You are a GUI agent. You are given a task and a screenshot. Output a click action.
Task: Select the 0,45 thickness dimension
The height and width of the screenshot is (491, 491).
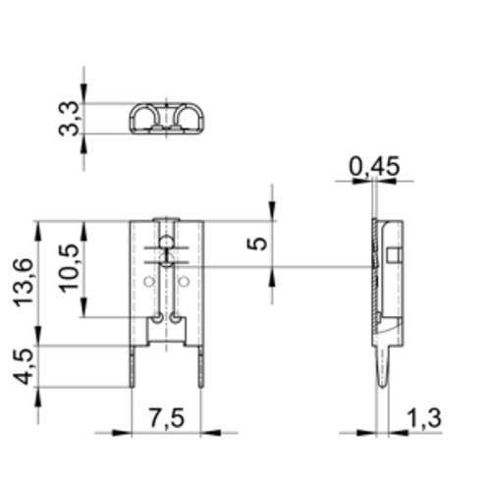tap(374, 168)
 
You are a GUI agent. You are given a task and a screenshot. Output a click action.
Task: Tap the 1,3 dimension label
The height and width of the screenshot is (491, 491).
tap(421, 417)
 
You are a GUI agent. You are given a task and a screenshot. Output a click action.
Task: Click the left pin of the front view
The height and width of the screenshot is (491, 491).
tap(133, 365)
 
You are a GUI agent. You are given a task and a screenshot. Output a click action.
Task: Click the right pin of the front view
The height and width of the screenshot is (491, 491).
tap(201, 365)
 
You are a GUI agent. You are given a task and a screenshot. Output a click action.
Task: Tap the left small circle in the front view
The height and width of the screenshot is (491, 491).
tap(148, 282)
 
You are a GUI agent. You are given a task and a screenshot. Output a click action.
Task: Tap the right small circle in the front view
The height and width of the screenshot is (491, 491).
tap(184, 282)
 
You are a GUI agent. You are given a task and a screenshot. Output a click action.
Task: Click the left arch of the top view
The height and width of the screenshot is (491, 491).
tap(147, 120)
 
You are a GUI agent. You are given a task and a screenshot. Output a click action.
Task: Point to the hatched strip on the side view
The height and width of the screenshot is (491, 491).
tap(374, 285)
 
